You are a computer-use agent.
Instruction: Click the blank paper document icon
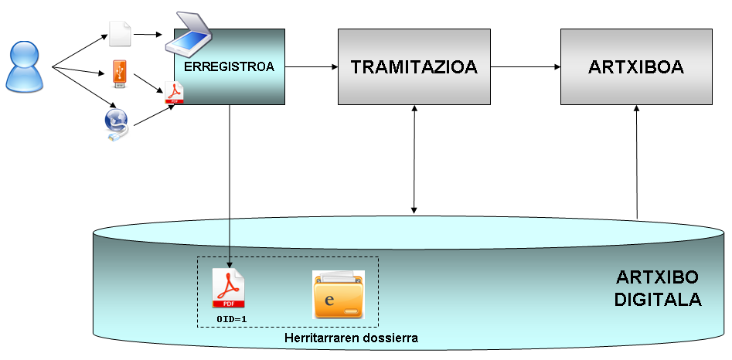(120, 34)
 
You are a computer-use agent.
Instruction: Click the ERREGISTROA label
(230, 67)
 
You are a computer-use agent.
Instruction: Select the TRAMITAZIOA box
(414, 67)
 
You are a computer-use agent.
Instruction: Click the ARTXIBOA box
(635, 67)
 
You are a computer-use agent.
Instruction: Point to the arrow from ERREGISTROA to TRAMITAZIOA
(312, 67)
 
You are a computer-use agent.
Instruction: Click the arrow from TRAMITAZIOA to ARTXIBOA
(526, 67)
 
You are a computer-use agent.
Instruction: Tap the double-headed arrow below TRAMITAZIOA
(415, 159)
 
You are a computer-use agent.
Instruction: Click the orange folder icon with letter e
(338, 294)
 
